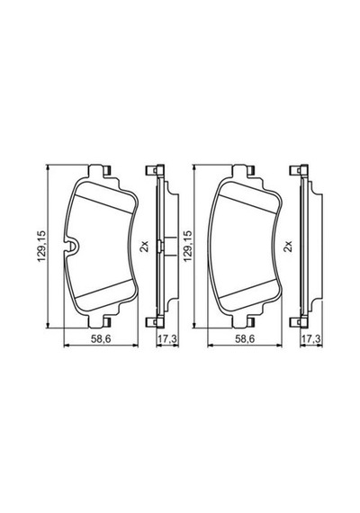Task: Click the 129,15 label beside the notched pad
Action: [42, 247]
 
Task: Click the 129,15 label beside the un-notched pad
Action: [188, 247]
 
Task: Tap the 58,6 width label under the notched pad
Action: [101, 339]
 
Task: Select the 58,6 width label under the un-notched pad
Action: [245, 339]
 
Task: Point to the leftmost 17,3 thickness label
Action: [167, 339]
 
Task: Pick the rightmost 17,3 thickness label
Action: [311, 339]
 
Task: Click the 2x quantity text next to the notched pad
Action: [144, 246]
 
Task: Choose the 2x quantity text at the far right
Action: [288, 246]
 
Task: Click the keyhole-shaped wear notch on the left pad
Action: [72, 247]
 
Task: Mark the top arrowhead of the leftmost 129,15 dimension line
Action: [49, 167]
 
